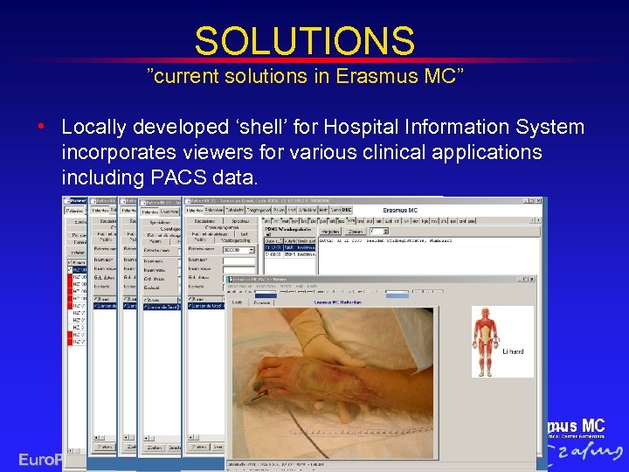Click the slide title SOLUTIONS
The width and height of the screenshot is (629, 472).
[x=304, y=40]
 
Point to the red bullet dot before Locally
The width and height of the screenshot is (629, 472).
[x=42, y=128]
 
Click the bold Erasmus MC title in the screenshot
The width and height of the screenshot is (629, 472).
[x=411, y=211]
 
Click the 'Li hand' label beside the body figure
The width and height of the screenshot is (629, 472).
[x=514, y=351]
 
